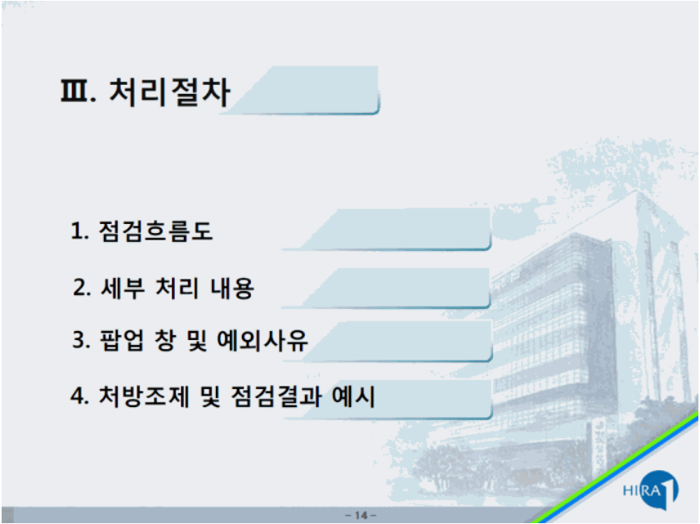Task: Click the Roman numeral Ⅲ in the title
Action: [x=74, y=91]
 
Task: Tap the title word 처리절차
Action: [x=169, y=92]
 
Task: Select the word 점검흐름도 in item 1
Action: [x=155, y=231]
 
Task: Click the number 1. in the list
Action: [x=79, y=231]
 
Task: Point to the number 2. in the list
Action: [x=82, y=288]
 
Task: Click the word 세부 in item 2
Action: [x=123, y=288]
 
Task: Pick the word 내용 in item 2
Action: [x=232, y=288]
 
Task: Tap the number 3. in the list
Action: [x=82, y=340]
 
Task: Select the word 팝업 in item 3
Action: [x=121, y=340]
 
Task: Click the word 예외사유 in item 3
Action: [x=262, y=340]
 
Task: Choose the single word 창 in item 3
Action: [x=164, y=340]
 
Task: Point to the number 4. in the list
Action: [x=80, y=396]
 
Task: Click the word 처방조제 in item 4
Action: [x=144, y=396]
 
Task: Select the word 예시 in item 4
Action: [x=353, y=396]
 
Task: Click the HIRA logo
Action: [x=651, y=490]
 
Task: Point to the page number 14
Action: [x=361, y=516]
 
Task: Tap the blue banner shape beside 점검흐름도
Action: [x=388, y=229]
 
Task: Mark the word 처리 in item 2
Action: [x=177, y=288]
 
